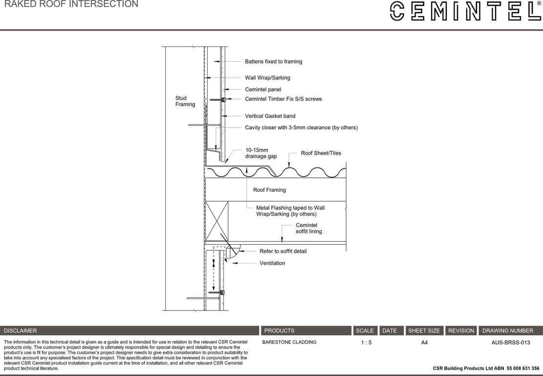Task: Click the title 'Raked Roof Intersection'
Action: pyautogui.click(x=71, y=4)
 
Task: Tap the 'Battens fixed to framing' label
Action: pyautogui.click(x=273, y=62)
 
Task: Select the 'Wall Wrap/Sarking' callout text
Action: pyautogui.click(x=267, y=78)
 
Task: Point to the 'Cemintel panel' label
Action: pyautogui.click(x=263, y=90)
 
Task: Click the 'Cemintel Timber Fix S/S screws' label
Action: pyautogui.click(x=283, y=99)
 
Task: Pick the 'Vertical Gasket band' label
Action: pyautogui.click(x=270, y=116)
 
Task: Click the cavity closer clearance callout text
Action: pyautogui.click(x=301, y=128)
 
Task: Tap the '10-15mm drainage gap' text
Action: pyautogui.click(x=261, y=153)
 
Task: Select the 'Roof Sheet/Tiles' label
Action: pyautogui.click(x=321, y=153)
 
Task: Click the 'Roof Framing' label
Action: pyautogui.click(x=269, y=190)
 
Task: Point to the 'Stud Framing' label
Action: pyautogui.click(x=185, y=101)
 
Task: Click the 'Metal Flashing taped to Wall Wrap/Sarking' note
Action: pyautogui.click(x=290, y=211)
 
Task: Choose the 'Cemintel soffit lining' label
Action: pyautogui.click(x=308, y=228)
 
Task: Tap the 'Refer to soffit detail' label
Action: pyautogui.click(x=283, y=251)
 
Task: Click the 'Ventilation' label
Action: pyautogui.click(x=272, y=263)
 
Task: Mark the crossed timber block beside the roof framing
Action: pyautogui.click(x=217, y=221)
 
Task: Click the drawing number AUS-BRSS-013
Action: pyautogui.click(x=510, y=343)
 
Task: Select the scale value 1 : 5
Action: pyautogui.click(x=366, y=343)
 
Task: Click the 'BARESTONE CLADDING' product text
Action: pyautogui.click(x=289, y=342)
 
